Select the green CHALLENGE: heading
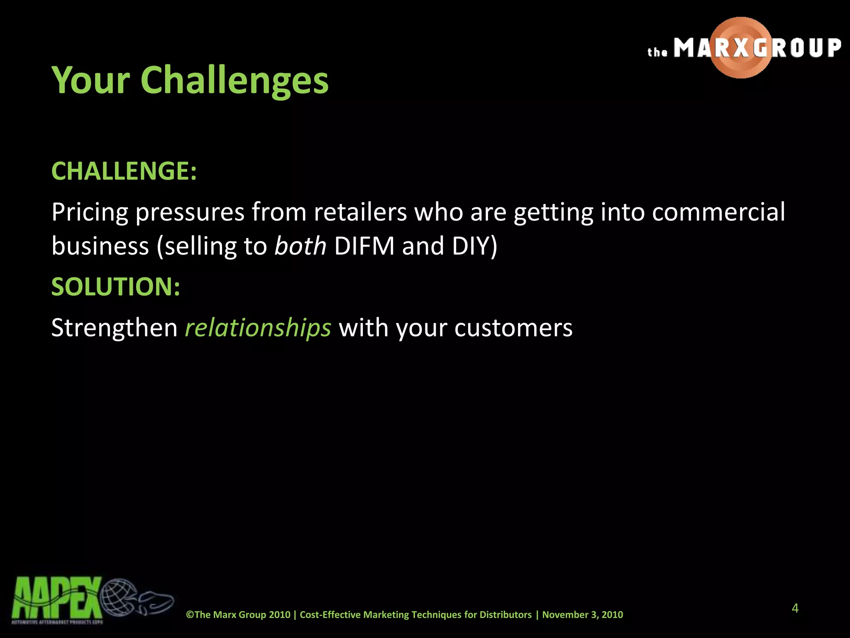(x=124, y=171)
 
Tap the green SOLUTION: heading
(x=116, y=287)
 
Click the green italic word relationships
(x=258, y=328)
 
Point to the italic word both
(x=300, y=246)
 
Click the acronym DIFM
(x=364, y=246)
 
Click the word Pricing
(x=90, y=212)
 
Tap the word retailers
(x=360, y=212)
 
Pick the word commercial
(x=718, y=212)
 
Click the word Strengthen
(x=114, y=328)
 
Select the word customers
(x=513, y=328)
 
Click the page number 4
(x=795, y=608)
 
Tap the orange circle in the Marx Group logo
(x=741, y=48)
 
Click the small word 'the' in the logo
(x=657, y=52)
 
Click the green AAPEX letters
(x=56, y=598)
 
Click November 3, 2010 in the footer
(x=582, y=615)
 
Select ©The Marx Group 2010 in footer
(x=238, y=615)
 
